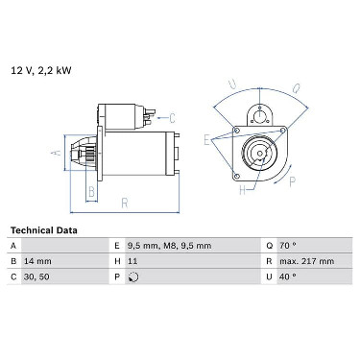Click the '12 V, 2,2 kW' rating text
coord(41,70)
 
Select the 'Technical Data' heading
coord(44,230)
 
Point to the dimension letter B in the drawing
coord(92,192)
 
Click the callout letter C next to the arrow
coord(172,118)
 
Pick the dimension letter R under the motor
coord(125,204)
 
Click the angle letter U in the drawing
coord(232,84)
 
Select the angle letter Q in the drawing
coord(297,87)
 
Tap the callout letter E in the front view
coord(206,140)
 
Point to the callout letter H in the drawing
coord(243,190)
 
